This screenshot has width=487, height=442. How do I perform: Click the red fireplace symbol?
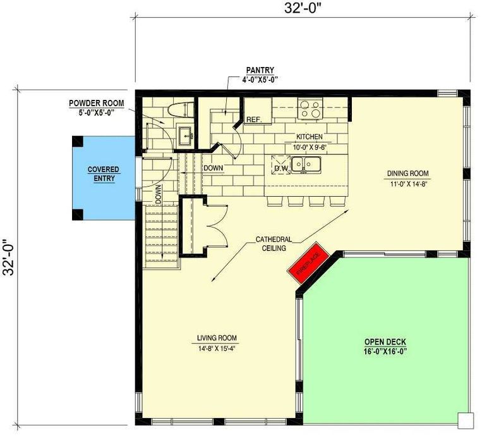tap(308, 262)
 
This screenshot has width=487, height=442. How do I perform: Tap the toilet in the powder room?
tap(181, 110)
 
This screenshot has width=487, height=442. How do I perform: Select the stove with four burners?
tap(310, 109)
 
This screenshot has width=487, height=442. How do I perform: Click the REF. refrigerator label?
tap(255, 120)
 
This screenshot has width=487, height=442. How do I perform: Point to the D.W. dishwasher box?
tap(281, 165)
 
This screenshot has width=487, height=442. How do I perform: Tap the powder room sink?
tap(186, 136)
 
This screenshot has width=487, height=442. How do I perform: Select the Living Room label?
tap(217, 338)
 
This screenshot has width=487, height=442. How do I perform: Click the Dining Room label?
tap(407, 173)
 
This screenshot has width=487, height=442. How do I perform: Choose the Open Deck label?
tap(385, 342)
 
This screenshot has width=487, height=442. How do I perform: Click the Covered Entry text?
tap(104, 174)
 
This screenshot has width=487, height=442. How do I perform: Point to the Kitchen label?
tap(310, 137)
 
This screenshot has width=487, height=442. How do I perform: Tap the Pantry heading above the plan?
tap(260, 70)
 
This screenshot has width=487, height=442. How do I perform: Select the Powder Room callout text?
tap(96, 107)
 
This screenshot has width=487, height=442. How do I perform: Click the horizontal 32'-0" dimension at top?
tap(303, 8)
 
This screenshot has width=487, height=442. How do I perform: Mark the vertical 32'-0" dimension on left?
tap(8, 257)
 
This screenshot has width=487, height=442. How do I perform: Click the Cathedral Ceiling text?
tap(274, 243)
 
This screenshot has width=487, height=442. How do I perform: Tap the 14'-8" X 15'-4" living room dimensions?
tap(217, 348)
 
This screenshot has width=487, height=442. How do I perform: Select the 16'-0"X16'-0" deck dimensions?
tap(385, 352)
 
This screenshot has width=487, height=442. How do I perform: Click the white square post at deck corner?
tap(466, 421)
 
